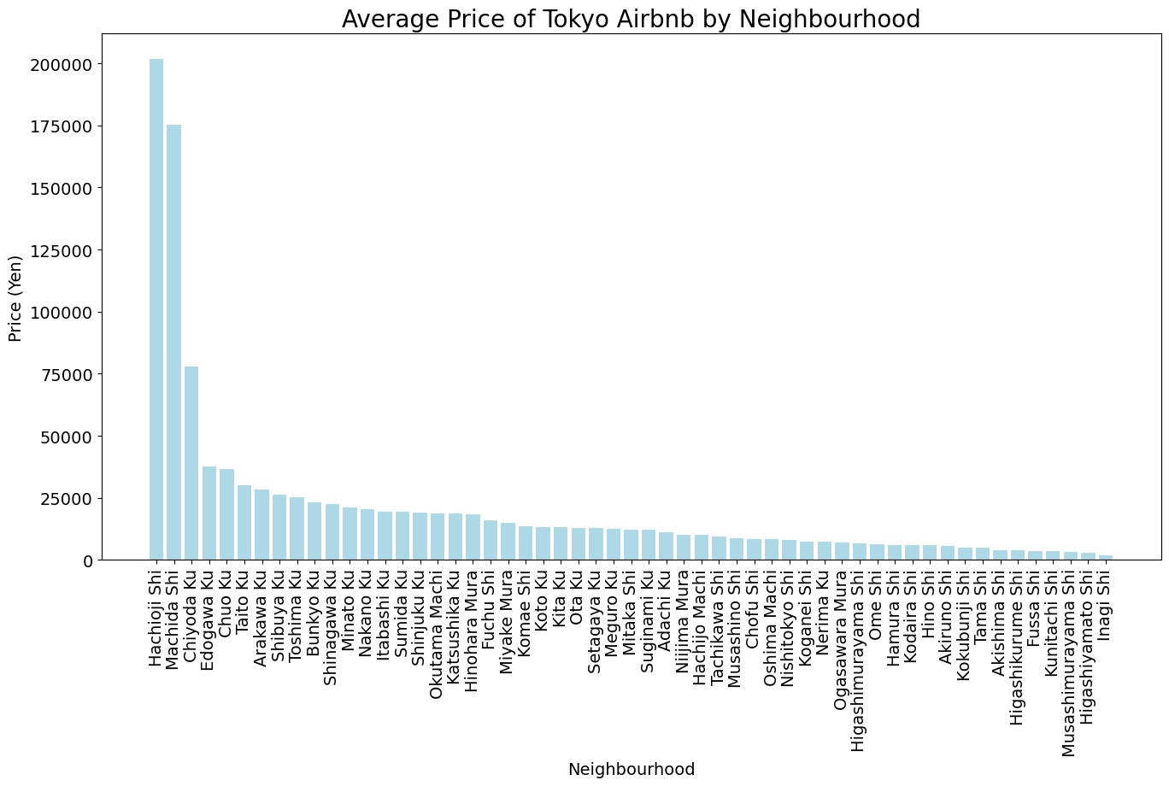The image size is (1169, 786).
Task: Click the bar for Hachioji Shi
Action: [x=156, y=309]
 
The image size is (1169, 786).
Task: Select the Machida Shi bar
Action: [x=173, y=342]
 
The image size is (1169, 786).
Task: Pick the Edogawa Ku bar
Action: [x=209, y=513]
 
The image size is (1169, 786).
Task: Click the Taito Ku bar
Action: [x=244, y=523]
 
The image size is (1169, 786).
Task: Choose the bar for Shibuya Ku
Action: [x=279, y=527]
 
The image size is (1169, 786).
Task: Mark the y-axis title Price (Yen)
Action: [x=15, y=298]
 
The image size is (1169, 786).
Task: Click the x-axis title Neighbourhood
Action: [x=631, y=769]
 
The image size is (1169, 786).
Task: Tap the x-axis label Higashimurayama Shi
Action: [x=860, y=650]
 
